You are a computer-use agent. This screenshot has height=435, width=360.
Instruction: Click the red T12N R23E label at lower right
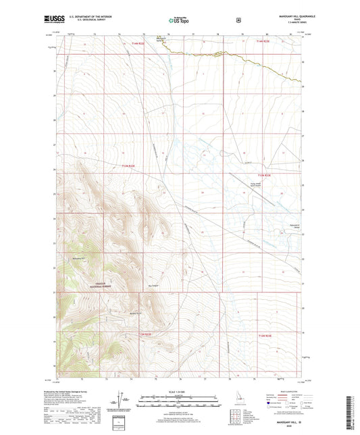[x=260, y=334]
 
